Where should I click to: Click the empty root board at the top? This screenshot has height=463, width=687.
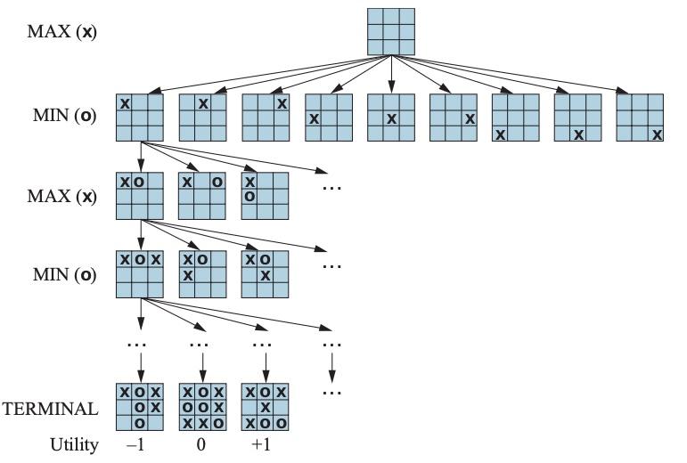click(x=391, y=31)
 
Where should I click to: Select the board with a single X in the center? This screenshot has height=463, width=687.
click(x=391, y=118)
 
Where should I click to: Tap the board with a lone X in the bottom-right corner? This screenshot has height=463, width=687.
click(x=640, y=118)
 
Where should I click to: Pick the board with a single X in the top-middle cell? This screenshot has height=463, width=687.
click(x=203, y=118)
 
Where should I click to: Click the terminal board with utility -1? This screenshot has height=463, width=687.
click(x=140, y=405)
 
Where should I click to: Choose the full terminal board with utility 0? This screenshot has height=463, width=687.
click(x=203, y=405)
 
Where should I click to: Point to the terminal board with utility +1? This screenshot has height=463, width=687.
click(x=266, y=405)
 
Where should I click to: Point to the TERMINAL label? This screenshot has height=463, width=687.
click(x=50, y=409)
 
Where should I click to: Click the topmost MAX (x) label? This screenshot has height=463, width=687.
click(x=63, y=33)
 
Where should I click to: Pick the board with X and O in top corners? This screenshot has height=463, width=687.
click(x=203, y=196)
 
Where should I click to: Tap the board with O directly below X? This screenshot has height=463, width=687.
click(x=266, y=196)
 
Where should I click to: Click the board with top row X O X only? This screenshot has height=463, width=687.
click(x=140, y=273)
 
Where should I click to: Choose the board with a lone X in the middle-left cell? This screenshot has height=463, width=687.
click(x=328, y=118)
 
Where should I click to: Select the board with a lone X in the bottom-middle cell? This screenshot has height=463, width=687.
click(x=577, y=118)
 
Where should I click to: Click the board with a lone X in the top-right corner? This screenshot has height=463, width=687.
click(x=266, y=118)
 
